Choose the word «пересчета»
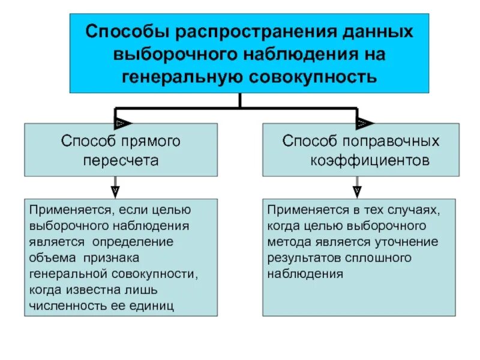(121, 161)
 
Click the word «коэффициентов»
(370, 161)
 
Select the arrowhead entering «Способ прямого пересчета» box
(121, 123)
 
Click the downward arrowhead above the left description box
(115, 191)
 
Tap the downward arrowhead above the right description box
(357, 191)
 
